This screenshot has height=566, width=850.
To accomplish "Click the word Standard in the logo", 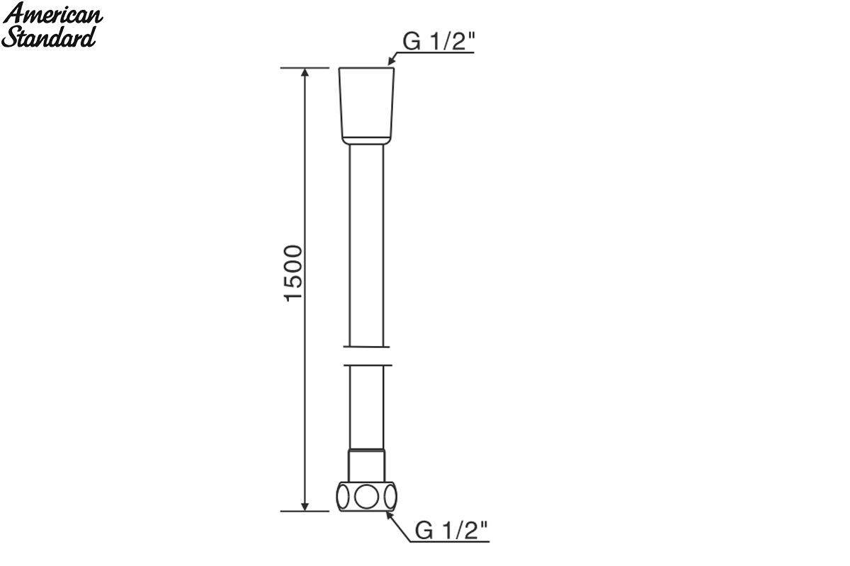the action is [49, 37].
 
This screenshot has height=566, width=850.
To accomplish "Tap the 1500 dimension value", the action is [293, 273].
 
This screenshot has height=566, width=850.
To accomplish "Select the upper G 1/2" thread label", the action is [438, 41].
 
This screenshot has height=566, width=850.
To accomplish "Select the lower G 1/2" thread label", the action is [451, 530].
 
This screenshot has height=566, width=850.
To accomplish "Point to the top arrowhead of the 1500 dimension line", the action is [305, 72].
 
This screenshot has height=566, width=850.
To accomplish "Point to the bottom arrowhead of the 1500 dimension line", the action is [305, 507].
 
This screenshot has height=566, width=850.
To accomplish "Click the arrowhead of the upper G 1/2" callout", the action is [391, 61].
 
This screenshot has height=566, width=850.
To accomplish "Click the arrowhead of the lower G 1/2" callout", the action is [390, 516].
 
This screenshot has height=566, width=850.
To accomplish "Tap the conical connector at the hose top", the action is [366, 106].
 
